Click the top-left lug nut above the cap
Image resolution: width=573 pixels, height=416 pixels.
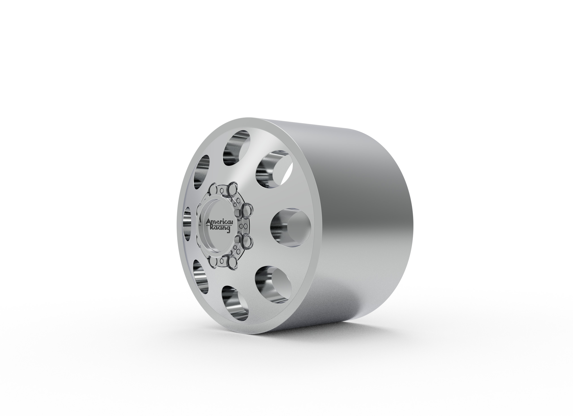(214, 189)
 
